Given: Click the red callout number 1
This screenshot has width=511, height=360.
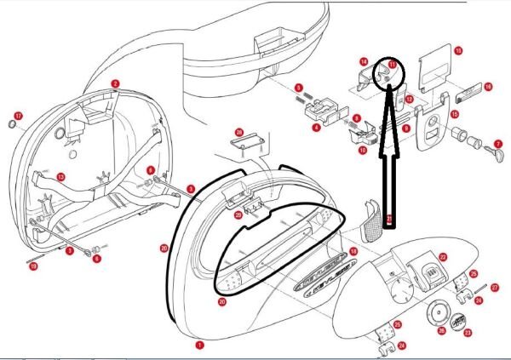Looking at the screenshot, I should (200, 346).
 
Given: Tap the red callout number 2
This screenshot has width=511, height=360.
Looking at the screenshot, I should (115, 84).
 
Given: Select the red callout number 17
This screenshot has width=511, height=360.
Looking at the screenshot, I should (19, 115).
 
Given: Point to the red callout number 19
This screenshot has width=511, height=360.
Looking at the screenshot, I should (33, 267).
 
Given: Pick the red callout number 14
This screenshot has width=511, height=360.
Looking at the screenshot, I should (363, 62).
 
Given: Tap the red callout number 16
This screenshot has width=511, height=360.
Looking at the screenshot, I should (488, 87).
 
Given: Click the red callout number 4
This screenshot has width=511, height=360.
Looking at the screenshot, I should (316, 128).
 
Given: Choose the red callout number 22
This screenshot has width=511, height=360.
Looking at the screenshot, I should (443, 256).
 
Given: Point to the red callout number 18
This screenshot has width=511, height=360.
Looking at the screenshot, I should (353, 251).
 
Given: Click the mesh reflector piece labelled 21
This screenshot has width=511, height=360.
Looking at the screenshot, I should (373, 221).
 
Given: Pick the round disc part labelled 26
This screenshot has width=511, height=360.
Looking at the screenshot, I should (440, 313).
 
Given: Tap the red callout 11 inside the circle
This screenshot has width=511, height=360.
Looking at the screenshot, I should (392, 64).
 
